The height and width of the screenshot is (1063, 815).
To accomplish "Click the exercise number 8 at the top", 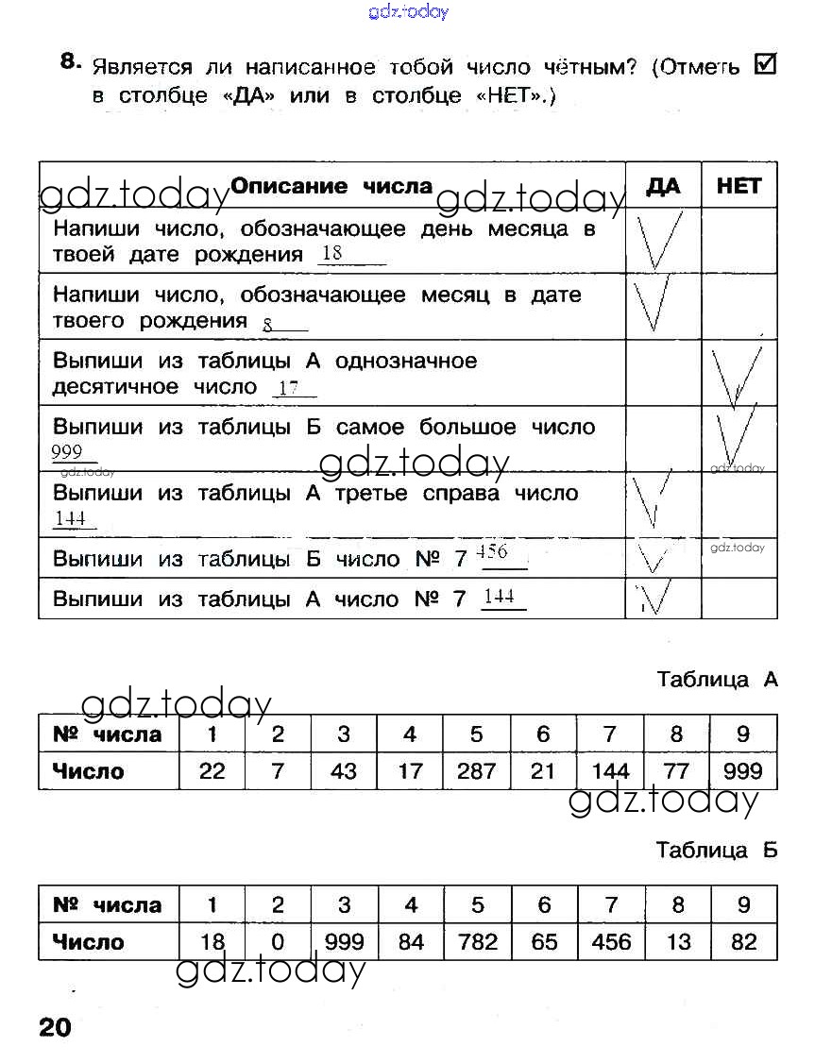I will click(68, 61).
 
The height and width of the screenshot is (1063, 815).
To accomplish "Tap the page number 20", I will click(55, 1027).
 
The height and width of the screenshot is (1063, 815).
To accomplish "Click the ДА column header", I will click(663, 186).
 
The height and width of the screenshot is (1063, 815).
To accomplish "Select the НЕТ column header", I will click(739, 186).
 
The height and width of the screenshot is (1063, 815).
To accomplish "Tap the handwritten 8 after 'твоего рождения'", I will click(267, 325).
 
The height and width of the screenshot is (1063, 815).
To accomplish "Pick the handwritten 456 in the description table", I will click(492, 551).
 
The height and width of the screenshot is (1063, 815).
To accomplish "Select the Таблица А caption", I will click(717, 680).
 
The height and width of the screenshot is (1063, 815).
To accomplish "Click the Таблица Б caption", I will click(717, 850).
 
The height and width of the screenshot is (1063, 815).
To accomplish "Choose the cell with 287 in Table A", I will click(476, 771).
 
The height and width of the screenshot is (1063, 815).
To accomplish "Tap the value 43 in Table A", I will click(344, 771).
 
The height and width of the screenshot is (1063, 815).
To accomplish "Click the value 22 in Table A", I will click(212, 771).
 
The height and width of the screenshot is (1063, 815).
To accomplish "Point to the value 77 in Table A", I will click(677, 771).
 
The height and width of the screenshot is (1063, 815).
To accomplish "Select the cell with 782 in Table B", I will click(477, 942).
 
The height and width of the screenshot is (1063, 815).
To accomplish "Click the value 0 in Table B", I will click(278, 942).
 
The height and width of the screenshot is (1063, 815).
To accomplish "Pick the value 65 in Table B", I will click(544, 942).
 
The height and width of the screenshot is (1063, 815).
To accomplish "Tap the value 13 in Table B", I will click(678, 942).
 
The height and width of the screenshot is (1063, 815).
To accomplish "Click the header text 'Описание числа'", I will click(331, 186).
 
